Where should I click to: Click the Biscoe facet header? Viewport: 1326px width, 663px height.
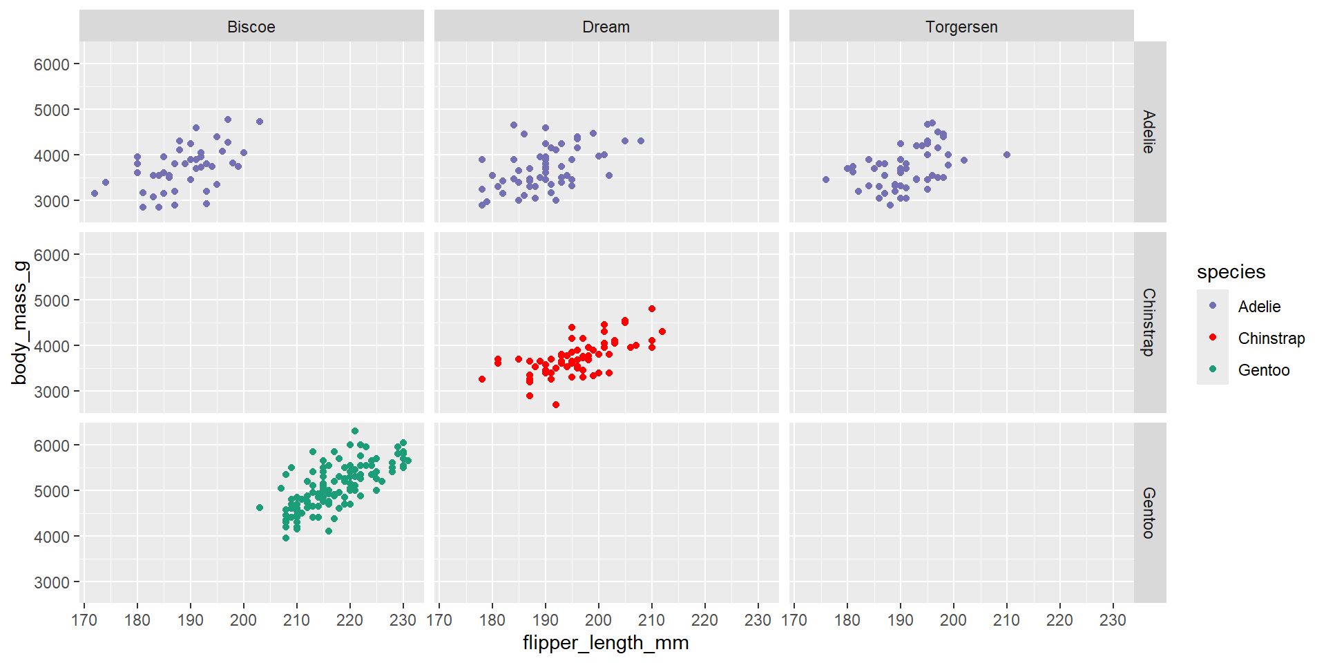click(251, 27)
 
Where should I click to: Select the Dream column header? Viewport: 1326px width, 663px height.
click(606, 27)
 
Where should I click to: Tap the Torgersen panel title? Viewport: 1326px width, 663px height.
click(961, 27)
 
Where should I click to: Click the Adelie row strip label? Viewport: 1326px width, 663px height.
click(1149, 132)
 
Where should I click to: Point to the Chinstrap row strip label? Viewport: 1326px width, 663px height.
click(1149, 322)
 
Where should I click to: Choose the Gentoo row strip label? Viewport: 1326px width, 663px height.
click(1149, 512)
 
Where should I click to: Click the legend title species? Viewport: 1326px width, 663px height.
click(1231, 272)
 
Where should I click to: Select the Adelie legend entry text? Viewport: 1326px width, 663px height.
click(1259, 307)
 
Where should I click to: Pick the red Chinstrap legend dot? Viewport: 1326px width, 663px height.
click(1213, 338)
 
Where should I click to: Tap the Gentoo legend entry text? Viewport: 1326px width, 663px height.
click(1263, 370)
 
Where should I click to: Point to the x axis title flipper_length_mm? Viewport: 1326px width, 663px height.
click(606, 643)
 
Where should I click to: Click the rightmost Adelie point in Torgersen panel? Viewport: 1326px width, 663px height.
click(1006, 155)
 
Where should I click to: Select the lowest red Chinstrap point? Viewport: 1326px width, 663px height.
click(556, 405)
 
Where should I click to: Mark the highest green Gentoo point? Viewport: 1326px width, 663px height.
click(355, 431)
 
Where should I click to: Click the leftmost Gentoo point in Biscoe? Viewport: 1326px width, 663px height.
click(260, 508)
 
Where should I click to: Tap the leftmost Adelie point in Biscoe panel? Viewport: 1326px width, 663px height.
click(95, 193)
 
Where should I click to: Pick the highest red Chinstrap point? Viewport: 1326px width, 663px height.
click(652, 309)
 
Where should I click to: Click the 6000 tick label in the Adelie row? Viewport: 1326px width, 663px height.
click(52, 64)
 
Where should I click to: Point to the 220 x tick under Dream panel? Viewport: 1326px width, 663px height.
click(704, 620)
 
